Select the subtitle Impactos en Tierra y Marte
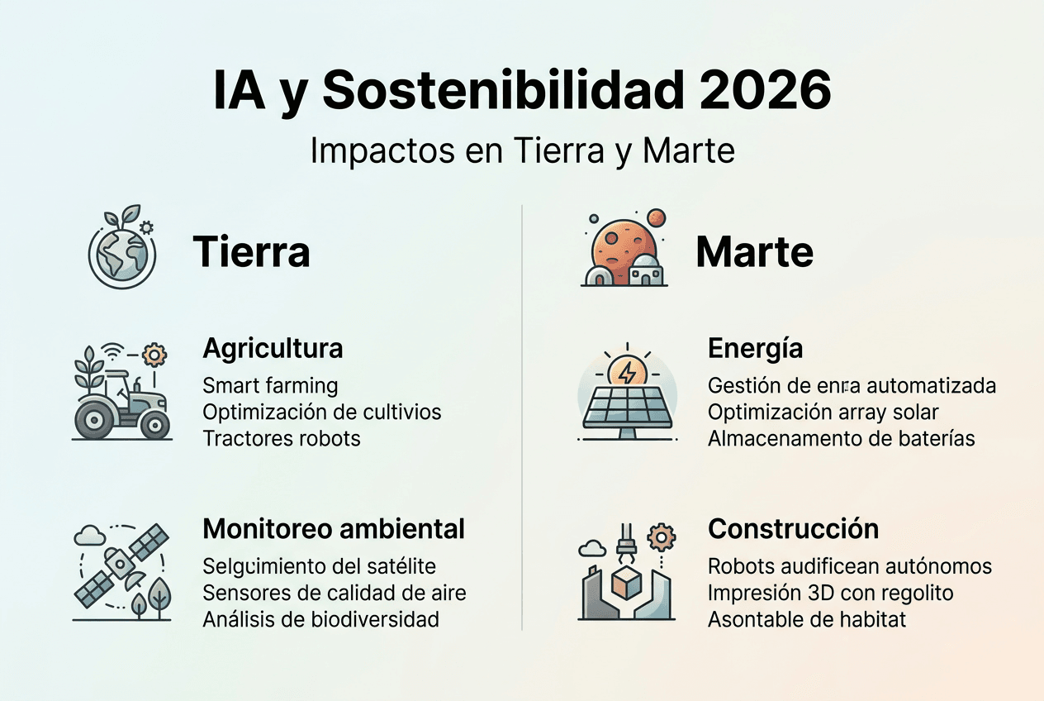(x=522, y=151)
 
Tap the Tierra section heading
(x=251, y=251)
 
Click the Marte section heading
(x=754, y=251)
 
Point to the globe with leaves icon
(x=122, y=249)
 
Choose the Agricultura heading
(x=273, y=348)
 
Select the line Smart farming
(x=270, y=385)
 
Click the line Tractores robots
(x=282, y=437)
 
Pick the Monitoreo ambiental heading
(x=334, y=528)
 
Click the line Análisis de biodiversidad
(x=320, y=618)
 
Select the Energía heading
(x=755, y=348)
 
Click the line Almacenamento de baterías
(x=841, y=437)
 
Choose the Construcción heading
(x=793, y=528)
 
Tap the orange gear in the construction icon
(x=661, y=538)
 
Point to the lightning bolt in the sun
(x=627, y=372)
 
